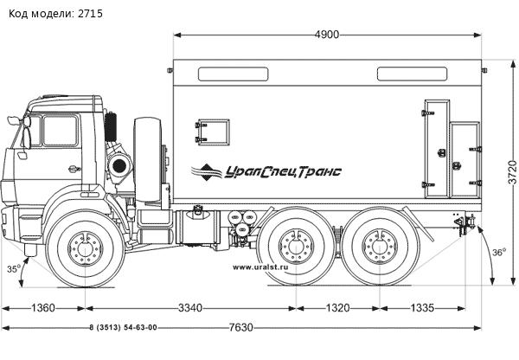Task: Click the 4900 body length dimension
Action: click(x=327, y=35)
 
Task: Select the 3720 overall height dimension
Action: click(x=512, y=172)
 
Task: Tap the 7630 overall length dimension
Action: click(x=240, y=327)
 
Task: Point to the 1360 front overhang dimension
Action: click(x=43, y=308)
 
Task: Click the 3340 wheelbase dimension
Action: click(x=190, y=308)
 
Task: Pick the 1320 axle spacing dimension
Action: click(x=337, y=308)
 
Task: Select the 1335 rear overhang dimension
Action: click(x=422, y=308)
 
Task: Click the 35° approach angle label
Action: click(x=14, y=269)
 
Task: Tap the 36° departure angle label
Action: click(x=499, y=253)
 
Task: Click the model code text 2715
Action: click(x=90, y=14)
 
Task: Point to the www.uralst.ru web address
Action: click(x=260, y=267)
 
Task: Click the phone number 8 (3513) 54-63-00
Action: click(x=123, y=327)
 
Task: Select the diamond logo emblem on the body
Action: click(x=206, y=172)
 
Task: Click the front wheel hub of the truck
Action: click(x=86, y=248)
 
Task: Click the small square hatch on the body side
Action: click(x=212, y=132)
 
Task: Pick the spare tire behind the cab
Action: click(x=148, y=159)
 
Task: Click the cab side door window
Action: click(x=60, y=131)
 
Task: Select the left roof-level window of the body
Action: click(x=233, y=74)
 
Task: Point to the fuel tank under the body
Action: click(x=198, y=228)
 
